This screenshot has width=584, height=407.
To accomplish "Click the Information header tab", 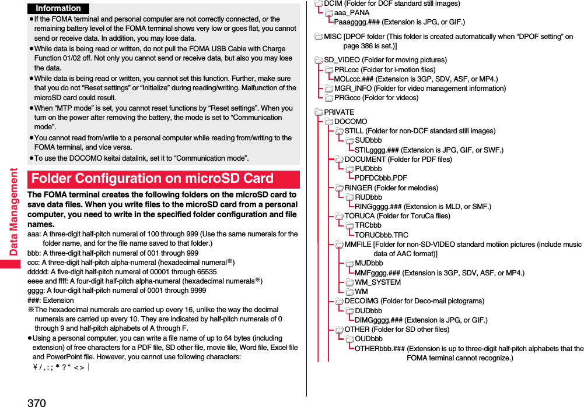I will (x=58, y=8).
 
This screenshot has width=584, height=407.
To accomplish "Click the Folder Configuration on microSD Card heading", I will (x=152, y=178).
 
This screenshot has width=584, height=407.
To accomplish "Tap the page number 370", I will (x=36, y=402).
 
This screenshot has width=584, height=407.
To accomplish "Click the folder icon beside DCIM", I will (x=319, y=4).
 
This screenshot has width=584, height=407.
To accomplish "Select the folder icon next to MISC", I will (x=319, y=37).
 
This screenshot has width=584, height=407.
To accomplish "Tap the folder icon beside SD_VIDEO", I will (x=319, y=60).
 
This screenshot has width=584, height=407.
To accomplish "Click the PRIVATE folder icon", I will (x=319, y=112).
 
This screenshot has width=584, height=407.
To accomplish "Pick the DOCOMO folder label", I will (x=351, y=122).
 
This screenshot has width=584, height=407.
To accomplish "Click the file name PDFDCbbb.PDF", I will (x=380, y=178).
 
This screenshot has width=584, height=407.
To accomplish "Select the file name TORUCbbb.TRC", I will (x=382, y=235).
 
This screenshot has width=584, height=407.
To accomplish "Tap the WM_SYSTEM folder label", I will (x=377, y=282).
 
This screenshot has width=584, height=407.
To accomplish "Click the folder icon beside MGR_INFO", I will (x=329, y=89).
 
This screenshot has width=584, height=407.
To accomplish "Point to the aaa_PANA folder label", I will (x=352, y=13).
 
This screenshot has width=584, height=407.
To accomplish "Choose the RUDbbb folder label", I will (x=368, y=197).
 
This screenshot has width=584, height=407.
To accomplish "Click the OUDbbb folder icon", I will (x=349, y=339).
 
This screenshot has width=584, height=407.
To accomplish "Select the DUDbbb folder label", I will (x=368, y=310).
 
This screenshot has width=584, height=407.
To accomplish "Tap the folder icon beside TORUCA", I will (x=339, y=216).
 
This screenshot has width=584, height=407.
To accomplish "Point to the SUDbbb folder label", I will (x=368, y=140).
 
